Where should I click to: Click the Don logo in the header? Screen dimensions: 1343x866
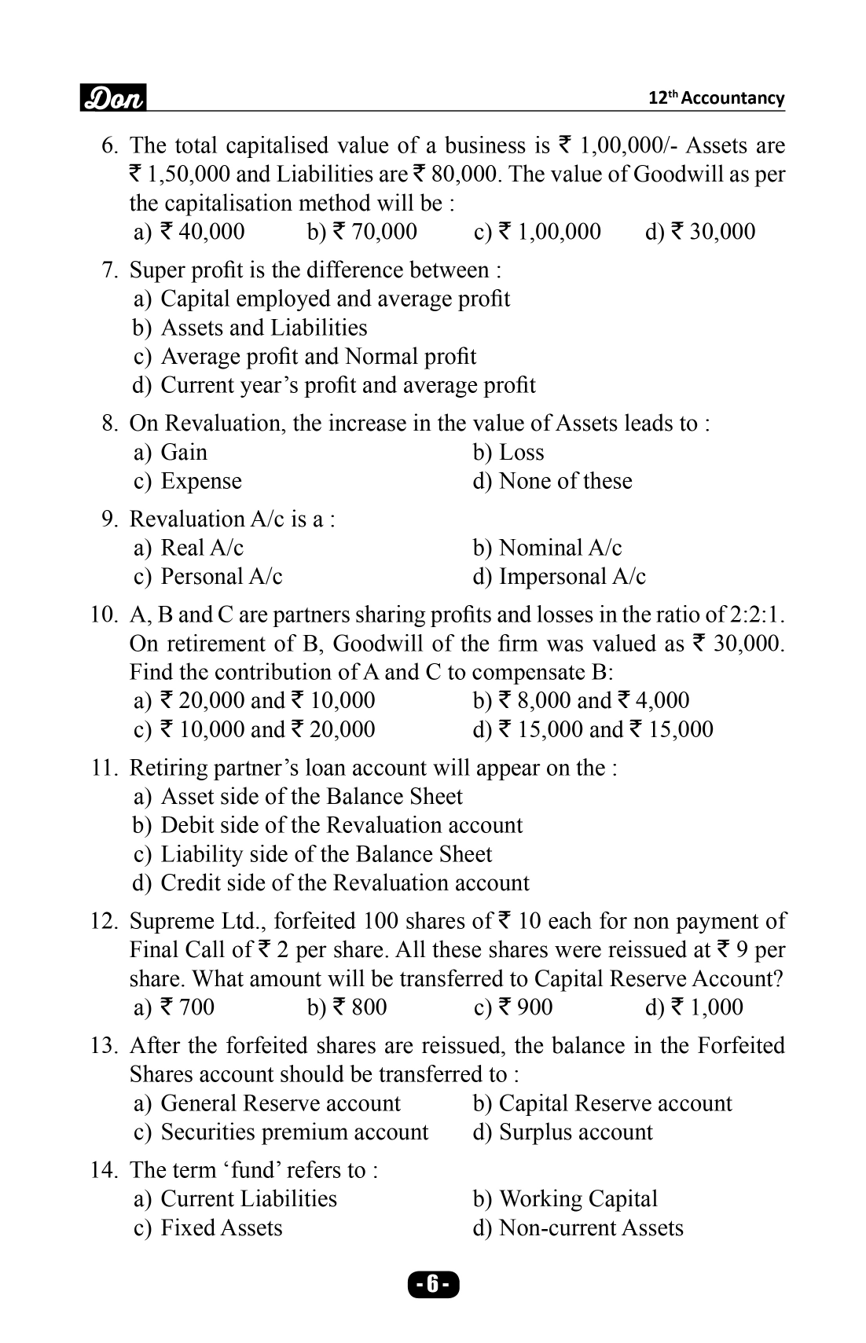point(113,99)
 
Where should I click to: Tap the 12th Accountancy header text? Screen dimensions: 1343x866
point(716,98)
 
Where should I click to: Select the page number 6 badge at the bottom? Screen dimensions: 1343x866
point(433,1285)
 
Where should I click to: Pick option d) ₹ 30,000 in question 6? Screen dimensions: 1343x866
point(699,232)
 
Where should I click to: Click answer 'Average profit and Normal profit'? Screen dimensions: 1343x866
point(318,357)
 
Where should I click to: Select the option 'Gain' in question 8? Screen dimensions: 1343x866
point(184,453)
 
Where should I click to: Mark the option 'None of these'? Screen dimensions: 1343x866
point(565,481)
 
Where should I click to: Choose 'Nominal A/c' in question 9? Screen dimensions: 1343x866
point(560,548)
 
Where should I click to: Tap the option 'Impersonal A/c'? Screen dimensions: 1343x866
point(572,577)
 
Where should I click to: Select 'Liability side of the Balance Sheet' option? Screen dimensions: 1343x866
point(326,854)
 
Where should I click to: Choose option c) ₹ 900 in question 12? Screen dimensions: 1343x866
point(513,1007)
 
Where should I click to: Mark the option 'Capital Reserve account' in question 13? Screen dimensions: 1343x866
point(615,1103)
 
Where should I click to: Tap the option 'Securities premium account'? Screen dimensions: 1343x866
point(295,1132)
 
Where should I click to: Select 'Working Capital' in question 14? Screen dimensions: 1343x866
point(578,1199)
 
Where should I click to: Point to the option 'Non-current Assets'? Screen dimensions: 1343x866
point(591,1228)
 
